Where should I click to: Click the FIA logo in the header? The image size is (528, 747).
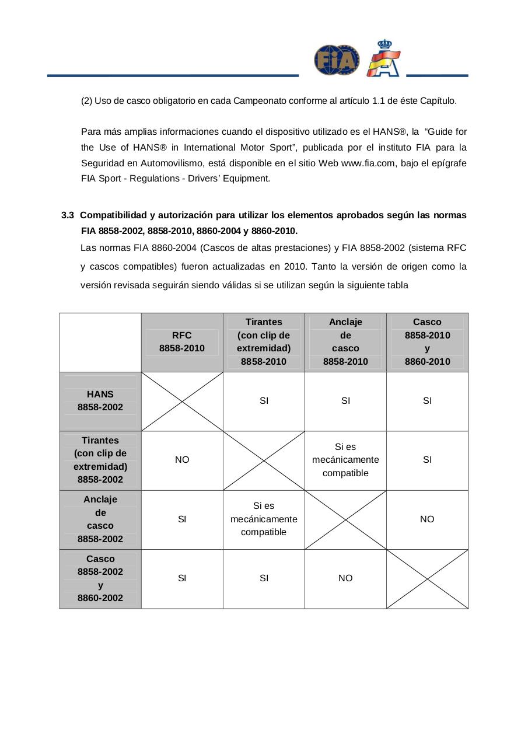[x=337, y=61]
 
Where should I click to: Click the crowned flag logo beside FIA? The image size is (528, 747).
[x=383, y=58]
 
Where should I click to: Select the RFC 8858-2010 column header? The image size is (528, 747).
[x=182, y=342]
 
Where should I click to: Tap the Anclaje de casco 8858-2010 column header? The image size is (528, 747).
[x=345, y=342]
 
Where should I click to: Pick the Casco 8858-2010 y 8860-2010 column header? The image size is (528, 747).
[x=427, y=342]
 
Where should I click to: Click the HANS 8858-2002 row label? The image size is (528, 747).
[x=100, y=401]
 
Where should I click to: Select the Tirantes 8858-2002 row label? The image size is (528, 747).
[x=100, y=460]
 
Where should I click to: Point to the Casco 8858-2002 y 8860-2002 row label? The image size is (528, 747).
[x=100, y=578]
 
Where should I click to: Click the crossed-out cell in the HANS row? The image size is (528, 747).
[x=182, y=402]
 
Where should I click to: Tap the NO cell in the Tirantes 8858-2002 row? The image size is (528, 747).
[x=182, y=460]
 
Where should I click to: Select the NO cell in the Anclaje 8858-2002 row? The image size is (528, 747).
[x=427, y=519]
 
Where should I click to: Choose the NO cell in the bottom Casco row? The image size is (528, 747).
[x=345, y=578]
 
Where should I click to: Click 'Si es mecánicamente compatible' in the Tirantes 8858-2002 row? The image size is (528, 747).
[x=345, y=460]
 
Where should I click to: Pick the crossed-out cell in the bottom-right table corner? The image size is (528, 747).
[x=427, y=578]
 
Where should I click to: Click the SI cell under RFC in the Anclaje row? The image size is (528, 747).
[x=182, y=519]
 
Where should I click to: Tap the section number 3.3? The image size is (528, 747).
[x=68, y=215]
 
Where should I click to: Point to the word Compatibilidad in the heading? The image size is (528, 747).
[x=109, y=215]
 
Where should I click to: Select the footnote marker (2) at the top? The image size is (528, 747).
[x=86, y=101]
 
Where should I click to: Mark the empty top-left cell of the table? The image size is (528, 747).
[x=100, y=342]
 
